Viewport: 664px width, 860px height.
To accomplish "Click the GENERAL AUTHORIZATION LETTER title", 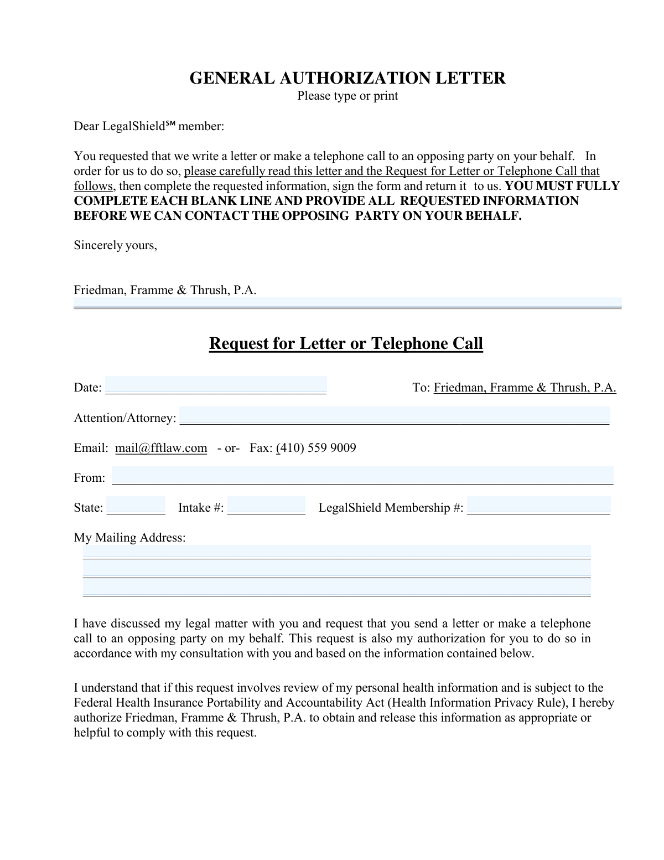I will tap(347, 78).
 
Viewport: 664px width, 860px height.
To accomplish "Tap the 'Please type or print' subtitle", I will tap(347, 96).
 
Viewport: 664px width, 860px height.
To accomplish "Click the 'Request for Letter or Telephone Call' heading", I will tap(346, 343).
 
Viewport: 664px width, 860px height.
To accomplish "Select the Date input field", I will tap(216, 385).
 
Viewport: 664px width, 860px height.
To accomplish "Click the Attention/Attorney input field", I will tap(394, 415).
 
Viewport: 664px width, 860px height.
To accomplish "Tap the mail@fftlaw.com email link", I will tap(161, 448).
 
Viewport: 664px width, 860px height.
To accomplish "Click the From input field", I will tap(362, 475).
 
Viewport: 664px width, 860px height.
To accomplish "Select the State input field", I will tap(136, 506).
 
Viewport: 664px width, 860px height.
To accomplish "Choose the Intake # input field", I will tap(266, 506).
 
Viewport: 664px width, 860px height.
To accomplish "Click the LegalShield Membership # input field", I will tap(538, 506).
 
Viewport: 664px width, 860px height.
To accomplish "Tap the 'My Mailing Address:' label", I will tap(130, 538).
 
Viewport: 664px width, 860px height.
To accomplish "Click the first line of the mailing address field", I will tap(336, 552).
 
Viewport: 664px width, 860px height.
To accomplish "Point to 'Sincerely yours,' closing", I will tap(116, 245).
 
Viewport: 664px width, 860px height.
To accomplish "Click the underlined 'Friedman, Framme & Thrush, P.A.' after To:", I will tap(525, 388).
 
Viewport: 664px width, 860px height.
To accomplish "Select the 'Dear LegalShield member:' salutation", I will tap(149, 126).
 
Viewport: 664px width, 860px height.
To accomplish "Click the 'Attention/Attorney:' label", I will tap(125, 418).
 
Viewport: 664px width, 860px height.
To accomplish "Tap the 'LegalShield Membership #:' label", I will tap(391, 508).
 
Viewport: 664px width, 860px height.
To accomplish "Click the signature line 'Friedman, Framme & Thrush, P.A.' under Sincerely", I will tap(165, 290).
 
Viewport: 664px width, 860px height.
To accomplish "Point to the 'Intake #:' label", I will tap(201, 508).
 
